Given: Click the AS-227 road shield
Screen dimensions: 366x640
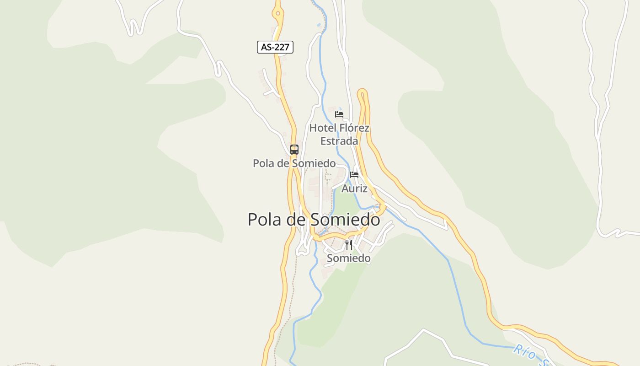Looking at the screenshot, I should (x=275, y=47).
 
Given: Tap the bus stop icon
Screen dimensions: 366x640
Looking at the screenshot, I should (x=294, y=149).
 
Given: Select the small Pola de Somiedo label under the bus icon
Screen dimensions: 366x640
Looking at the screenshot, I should (x=294, y=163).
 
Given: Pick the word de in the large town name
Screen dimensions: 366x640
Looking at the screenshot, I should (x=296, y=220).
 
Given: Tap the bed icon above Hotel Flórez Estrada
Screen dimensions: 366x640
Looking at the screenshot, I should (x=339, y=114).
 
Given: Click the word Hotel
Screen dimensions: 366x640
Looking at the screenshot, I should (x=323, y=128).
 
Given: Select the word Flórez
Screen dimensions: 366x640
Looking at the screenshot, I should (x=354, y=128).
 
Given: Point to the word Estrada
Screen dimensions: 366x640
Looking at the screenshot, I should (x=339, y=141).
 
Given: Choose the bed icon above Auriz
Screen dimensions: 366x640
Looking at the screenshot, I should (x=354, y=174).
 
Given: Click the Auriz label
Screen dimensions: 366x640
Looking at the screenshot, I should (x=354, y=188).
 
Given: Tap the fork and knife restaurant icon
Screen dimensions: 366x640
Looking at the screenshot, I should (x=349, y=244).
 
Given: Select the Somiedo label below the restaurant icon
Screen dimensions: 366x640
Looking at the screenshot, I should (x=349, y=258).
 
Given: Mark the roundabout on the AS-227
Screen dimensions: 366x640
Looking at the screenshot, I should (x=277, y=13).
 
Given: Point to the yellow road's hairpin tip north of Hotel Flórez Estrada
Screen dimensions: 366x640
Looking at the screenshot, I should (x=363, y=92).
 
